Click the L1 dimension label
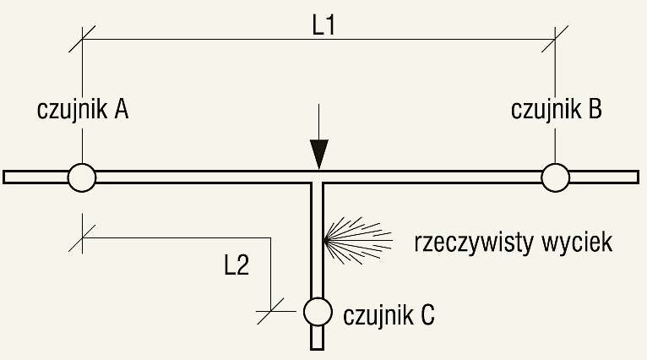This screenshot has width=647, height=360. tap(323, 26)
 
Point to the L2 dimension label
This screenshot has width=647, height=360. tap(237, 265)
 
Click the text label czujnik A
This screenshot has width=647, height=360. tap(83, 110)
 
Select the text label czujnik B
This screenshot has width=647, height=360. tap(557, 110)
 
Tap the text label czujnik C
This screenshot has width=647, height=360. tap(389, 315)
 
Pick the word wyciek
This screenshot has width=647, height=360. tap(577, 243)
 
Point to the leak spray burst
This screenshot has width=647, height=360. tap(357, 241)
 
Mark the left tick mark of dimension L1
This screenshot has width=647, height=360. tap(82, 39)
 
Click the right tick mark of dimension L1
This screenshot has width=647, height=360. tap(555, 39)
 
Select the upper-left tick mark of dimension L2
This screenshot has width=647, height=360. tap(82, 238)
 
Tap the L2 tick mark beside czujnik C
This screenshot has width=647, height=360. tap(270, 311)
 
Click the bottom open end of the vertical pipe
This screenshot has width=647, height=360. tap(317, 349)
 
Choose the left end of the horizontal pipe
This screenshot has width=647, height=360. tap(3, 177)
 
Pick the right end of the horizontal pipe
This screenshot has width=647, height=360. tap(638, 177)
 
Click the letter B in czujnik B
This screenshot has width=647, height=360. tap(595, 110)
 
